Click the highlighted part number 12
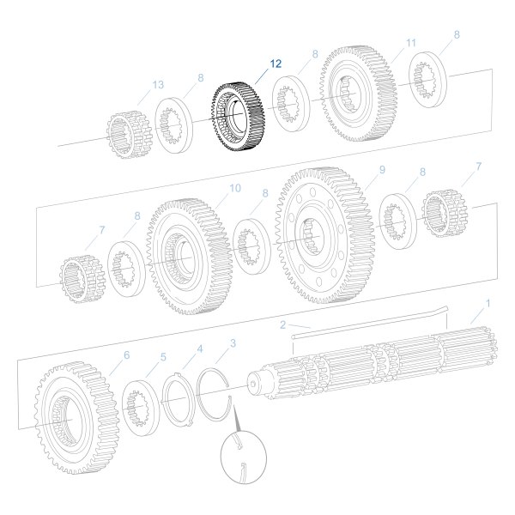pyautogui.click(x=276, y=64)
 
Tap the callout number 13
pyautogui.click(x=157, y=84)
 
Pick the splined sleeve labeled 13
pyautogui.click(x=130, y=136)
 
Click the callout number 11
pyautogui.click(x=410, y=43)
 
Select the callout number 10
pyautogui.click(x=235, y=187)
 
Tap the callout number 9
pyautogui.click(x=382, y=170)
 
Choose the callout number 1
pyautogui.click(x=488, y=303)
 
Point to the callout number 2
pyautogui.click(x=282, y=324)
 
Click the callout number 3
pyautogui.click(x=232, y=343)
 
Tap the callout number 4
pyautogui.click(x=199, y=349)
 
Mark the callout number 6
pyautogui.click(x=126, y=355)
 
